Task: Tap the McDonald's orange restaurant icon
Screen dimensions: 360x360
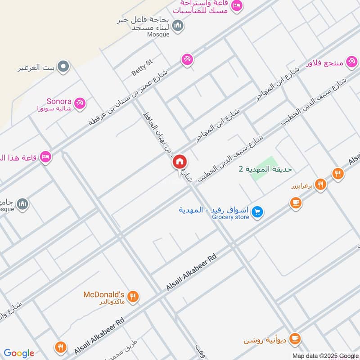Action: pyautogui.click(x=132, y=296)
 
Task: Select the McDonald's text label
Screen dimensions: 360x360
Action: pyautogui.click(x=103, y=295)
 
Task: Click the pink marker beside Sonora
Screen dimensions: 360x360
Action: pyautogui.click(x=80, y=103)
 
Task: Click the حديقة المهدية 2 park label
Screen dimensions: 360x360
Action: pyautogui.click(x=265, y=169)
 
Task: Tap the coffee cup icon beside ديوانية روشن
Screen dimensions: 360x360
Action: pyautogui.click(x=295, y=337)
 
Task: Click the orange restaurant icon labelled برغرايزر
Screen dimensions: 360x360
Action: pyautogui.click(x=320, y=184)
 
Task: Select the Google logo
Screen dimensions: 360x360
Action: pyautogui.click(x=19, y=353)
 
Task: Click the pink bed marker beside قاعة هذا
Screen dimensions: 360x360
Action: pyautogui.click(x=45, y=157)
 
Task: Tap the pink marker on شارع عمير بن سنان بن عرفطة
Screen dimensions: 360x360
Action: pyautogui.click(x=187, y=59)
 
